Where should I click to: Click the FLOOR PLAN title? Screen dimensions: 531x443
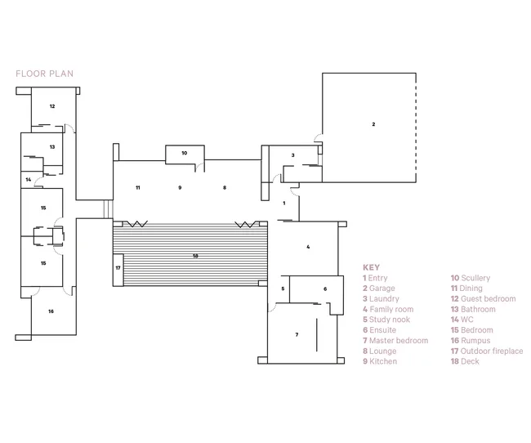pyautogui.click(x=44, y=74)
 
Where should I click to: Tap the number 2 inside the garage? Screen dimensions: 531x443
pyautogui.click(x=373, y=124)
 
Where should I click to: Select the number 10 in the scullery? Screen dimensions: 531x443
pyautogui.click(x=185, y=153)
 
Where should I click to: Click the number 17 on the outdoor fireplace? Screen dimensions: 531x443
pyautogui.click(x=118, y=268)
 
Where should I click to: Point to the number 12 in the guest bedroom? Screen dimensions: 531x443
pyautogui.click(x=52, y=106)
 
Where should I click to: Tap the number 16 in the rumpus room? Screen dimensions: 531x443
pyautogui.click(x=51, y=311)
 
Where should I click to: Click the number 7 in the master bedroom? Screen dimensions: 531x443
pyautogui.click(x=297, y=334)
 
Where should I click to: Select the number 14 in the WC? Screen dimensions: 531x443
pyautogui.click(x=29, y=179)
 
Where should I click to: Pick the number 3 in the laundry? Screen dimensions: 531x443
pyautogui.click(x=293, y=155)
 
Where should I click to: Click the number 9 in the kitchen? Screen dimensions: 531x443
pyautogui.click(x=180, y=187)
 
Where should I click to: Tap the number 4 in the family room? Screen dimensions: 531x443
pyautogui.click(x=308, y=247)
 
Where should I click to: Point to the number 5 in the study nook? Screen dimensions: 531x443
pyautogui.click(x=283, y=289)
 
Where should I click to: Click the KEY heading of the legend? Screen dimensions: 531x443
pyautogui.click(x=371, y=267)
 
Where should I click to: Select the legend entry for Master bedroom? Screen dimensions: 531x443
pyautogui.click(x=395, y=340)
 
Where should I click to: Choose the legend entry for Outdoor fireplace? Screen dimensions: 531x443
pyautogui.click(x=487, y=351)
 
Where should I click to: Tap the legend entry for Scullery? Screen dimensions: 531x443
pyautogui.click(x=471, y=278)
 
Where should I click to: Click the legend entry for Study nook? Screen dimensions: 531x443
pyautogui.click(x=386, y=320)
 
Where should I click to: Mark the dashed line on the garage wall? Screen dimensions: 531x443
pyautogui.click(x=416, y=128)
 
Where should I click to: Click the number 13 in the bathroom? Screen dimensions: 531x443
pyautogui.click(x=52, y=147)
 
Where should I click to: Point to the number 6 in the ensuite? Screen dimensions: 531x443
pyautogui.click(x=325, y=289)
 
